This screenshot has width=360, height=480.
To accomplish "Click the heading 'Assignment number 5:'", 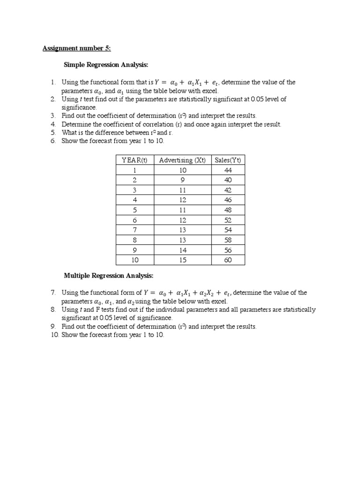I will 76,48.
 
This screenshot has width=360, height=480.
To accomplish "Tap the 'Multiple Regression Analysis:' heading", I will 108,275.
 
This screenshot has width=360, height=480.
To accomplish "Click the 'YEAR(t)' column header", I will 135,160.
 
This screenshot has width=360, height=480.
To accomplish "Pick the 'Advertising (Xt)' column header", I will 182,160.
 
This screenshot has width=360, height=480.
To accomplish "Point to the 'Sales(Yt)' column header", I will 228,160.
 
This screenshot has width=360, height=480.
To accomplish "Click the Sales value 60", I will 228,260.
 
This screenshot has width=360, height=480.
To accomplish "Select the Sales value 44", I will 228,170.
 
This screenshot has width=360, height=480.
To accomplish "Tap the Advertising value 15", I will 182,260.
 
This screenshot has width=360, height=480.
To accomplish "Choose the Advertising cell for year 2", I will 182,180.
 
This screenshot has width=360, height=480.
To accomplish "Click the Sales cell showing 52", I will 228,220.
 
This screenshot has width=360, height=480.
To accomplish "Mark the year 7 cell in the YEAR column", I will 135,230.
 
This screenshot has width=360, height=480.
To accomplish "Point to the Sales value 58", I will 228,240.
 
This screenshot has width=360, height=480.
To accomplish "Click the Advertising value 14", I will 182,250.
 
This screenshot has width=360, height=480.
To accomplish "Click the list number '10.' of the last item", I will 54,335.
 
